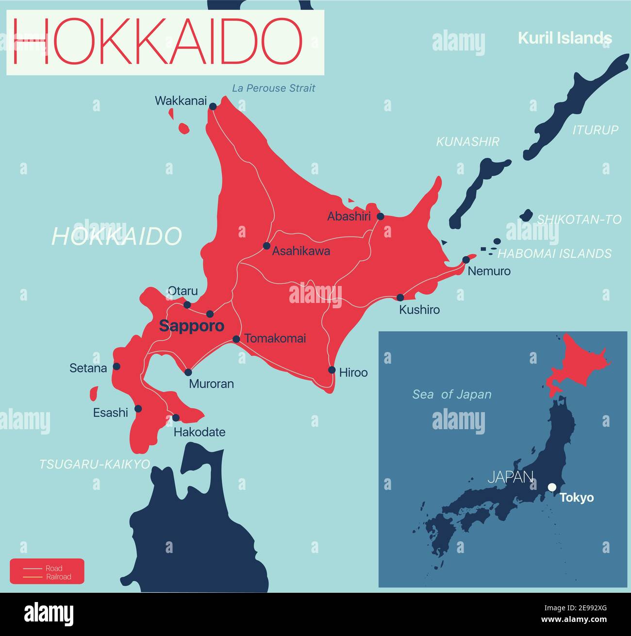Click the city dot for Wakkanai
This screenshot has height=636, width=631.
213,106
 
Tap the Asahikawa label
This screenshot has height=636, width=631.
301,251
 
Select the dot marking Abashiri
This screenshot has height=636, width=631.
381,217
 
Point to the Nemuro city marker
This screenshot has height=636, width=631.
466,259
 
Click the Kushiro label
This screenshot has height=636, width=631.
419,309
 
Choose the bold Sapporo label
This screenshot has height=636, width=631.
192,326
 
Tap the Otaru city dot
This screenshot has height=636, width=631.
187,305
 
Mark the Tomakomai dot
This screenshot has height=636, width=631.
236,339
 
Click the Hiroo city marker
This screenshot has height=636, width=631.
332,370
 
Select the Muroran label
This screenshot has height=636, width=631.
211,384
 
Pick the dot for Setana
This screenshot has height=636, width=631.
116,367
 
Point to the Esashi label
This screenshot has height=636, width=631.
111,413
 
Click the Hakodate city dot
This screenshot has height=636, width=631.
176,418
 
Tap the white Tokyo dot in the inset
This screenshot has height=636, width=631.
552,487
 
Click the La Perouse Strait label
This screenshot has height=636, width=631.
273,88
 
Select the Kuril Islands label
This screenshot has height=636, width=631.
565,38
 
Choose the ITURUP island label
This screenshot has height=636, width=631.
596,130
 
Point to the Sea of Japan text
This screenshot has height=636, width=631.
452,395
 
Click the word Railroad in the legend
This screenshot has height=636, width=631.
59,577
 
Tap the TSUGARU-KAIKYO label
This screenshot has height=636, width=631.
95,464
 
